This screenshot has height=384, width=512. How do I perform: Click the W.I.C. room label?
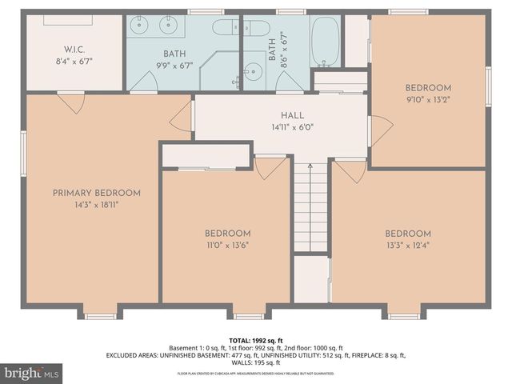click(74, 48)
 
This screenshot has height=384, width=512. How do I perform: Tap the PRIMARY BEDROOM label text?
click(97, 193)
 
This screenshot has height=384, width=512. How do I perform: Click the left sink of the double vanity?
click(143, 26)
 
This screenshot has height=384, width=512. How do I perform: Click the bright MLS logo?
click(32, 373)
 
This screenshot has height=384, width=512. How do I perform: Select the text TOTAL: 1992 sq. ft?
click(255, 339)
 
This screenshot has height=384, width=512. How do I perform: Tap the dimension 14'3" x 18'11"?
click(97, 205)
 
